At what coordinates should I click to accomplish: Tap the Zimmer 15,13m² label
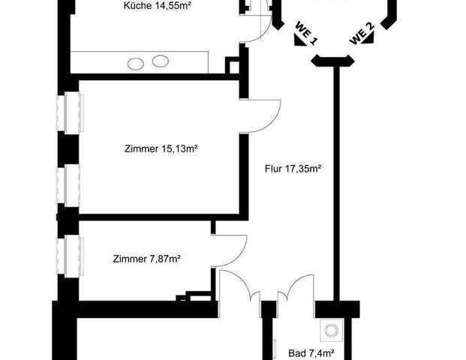161,148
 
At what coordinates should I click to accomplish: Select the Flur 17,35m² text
293,169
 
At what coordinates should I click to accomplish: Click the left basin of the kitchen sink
136,64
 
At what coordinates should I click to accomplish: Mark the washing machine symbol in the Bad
329,331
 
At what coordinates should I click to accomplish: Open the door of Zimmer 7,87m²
230,250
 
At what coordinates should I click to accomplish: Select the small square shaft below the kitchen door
233,66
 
